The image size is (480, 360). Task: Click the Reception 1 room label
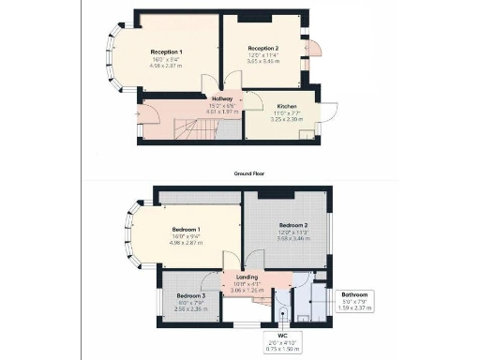pyautogui.click(x=167, y=52)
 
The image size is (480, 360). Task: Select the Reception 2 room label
pyautogui.click(x=263, y=48)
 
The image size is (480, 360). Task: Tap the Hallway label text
pyautogui.click(x=222, y=98)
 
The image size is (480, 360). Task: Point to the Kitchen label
pyautogui.click(x=287, y=107)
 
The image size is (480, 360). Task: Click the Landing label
pyautogui.click(x=246, y=277)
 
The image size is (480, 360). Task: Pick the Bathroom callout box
pyautogui.click(x=354, y=300)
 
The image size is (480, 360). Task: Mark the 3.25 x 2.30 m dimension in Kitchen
pyautogui.click(x=287, y=120)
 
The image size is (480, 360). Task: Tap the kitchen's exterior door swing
pyautogui.click(x=328, y=110)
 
